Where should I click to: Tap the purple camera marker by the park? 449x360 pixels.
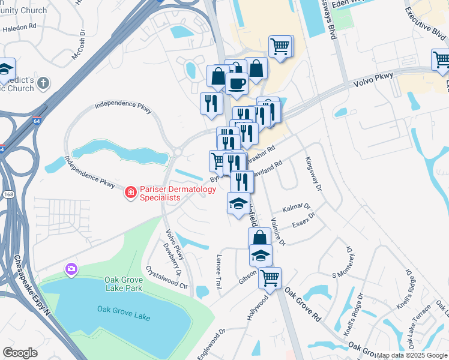point(71,268)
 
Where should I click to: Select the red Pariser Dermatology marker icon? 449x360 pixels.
point(130,193)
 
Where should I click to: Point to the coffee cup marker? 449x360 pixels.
point(237,83)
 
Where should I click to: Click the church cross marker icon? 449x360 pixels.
point(43,84)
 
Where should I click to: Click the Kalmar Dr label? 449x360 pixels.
point(298,208)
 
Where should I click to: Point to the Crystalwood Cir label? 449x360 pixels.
point(167,274)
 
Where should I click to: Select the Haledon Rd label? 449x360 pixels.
point(21,26)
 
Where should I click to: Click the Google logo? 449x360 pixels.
point(20,353)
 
